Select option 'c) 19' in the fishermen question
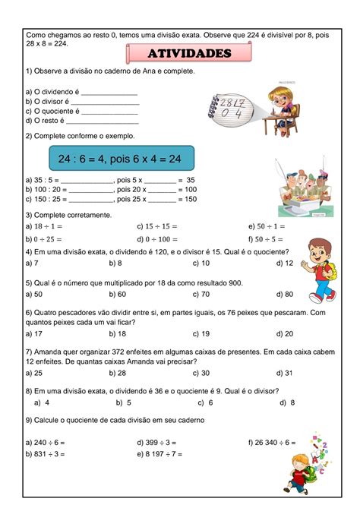(201, 333)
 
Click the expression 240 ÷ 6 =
(48, 442)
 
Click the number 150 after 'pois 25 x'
(190, 199)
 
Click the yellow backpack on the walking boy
(332, 274)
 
